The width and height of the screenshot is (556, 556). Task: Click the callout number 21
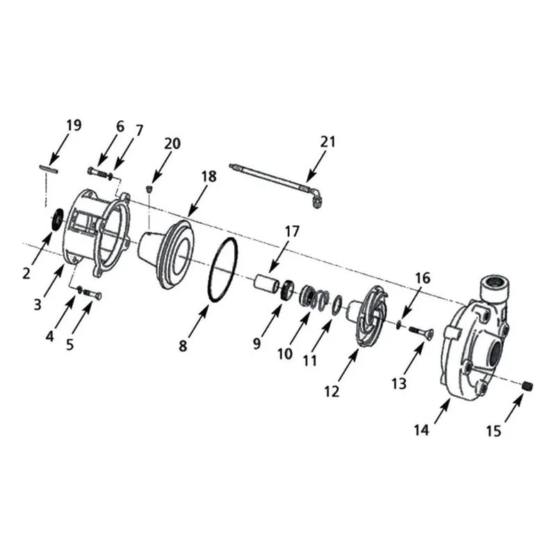pos(327,142)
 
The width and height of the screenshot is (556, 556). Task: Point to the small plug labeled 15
pos(528,386)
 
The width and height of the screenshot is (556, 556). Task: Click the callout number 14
pos(422,430)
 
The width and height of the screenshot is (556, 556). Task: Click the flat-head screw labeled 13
pos(421,332)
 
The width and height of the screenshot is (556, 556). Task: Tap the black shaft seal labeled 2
pos(57,220)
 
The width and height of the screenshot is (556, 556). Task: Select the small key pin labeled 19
pos(48,169)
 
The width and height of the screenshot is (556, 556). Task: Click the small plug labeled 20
pos(149,188)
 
